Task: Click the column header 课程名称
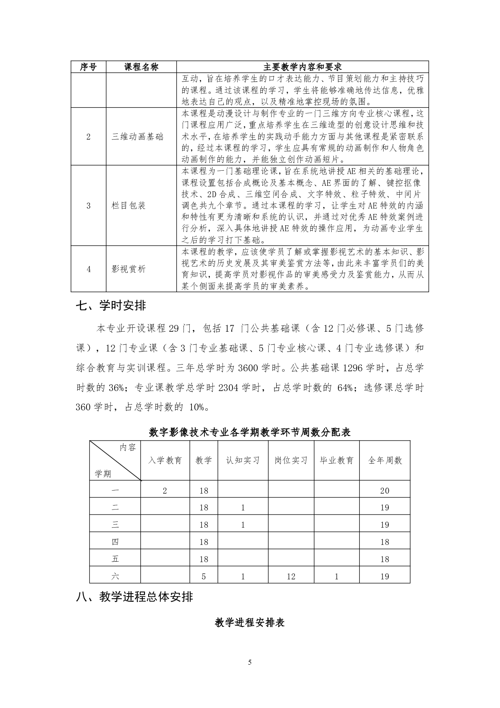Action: (141, 67)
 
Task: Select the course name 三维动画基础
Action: (137, 137)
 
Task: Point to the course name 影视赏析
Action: (128, 269)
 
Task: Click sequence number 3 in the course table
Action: (89, 206)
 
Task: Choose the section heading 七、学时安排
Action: (111, 306)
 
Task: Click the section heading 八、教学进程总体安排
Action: (134, 597)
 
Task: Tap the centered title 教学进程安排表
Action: (250, 622)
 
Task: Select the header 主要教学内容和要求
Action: (302, 67)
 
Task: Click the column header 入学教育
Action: (165, 460)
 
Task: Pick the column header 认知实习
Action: (243, 460)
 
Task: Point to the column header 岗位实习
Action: (291, 460)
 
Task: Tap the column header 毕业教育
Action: (336, 460)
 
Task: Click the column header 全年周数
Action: (385, 460)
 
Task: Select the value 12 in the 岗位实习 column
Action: (291, 576)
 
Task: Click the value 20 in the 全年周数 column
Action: (385, 491)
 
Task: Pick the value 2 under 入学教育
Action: (165, 491)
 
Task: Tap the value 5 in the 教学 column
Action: (204, 576)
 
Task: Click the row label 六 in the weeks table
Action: (115, 576)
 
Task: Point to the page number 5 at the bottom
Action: (250, 663)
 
